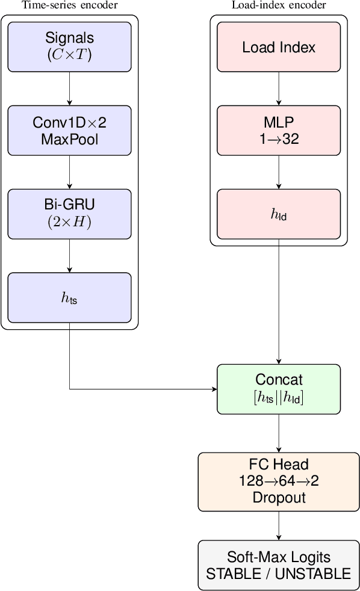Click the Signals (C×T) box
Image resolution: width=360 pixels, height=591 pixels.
click(x=70, y=47)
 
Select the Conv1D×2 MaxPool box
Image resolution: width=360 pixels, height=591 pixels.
click(x=70, y=131)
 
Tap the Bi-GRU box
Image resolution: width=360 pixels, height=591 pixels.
click(x=70, y=214)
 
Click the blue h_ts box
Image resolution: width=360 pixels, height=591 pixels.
click(x=70, y=297)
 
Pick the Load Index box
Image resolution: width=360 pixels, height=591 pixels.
click(x=279, y=47)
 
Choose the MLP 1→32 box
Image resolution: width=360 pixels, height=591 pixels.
click(x=279, y=131)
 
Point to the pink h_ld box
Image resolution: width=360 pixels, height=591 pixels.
click(x=279, y=214)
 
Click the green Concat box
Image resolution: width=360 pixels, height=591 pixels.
click(x=279, y=389)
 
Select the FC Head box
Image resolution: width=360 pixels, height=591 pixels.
click(x=279, y=481)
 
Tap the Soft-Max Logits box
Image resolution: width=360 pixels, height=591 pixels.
click(x=279, y=565)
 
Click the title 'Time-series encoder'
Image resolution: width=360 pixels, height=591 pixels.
click(x=70, y=5)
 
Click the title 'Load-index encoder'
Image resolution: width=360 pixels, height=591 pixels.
click(x=279, y=5)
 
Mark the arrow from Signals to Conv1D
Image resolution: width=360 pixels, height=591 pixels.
click(x=70, y=88)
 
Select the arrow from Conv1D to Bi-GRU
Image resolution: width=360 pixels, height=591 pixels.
click(x=70, y=172)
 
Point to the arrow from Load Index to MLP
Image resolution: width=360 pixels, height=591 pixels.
click(x=279, y=88)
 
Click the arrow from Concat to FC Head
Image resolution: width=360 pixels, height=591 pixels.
click(x=279, y=433)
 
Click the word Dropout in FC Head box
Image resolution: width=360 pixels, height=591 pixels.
click(x=279, y=497)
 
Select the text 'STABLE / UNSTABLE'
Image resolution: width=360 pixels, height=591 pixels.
click(x=279, y=574)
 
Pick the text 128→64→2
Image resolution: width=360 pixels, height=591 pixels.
click(x=279, y=481)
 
